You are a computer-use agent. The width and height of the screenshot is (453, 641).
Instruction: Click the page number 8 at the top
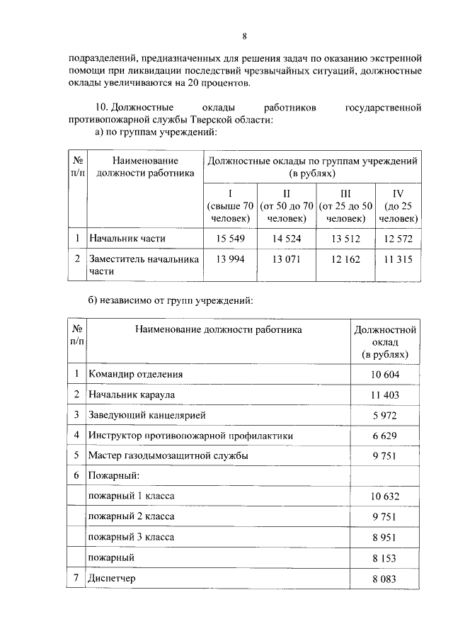[243, 36]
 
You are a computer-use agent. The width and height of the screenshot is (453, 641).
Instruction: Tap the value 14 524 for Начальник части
[287, 239]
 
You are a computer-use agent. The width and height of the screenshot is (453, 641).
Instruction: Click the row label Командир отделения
[135, 374]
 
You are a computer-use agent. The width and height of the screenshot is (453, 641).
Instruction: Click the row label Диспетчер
[111, 579]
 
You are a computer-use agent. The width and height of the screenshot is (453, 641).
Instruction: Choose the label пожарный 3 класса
[130, 537]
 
